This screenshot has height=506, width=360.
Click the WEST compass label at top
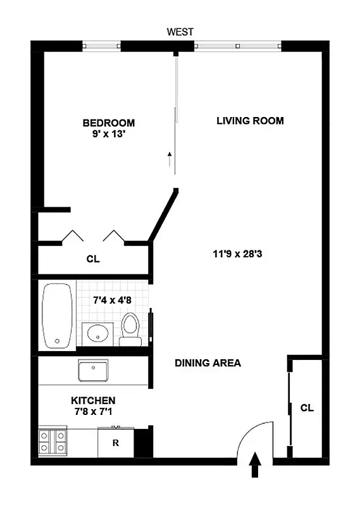point(180,31)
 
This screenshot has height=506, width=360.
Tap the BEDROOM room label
point(109,123)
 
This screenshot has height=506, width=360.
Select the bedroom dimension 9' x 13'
point(109,134)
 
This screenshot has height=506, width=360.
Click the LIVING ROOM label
point(250,121)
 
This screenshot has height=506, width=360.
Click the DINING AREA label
point(208,363)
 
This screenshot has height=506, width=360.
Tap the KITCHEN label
point(92,400)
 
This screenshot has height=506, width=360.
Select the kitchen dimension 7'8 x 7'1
point(92,412)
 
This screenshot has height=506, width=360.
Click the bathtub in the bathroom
point(58,314)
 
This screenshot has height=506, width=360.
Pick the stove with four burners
point(53,441)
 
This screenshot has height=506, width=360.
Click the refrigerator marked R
point(116,443)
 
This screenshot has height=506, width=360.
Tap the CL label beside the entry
point(307,408)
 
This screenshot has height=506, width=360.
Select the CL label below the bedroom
point(92,259)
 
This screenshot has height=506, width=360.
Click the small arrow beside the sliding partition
point(170,159)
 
